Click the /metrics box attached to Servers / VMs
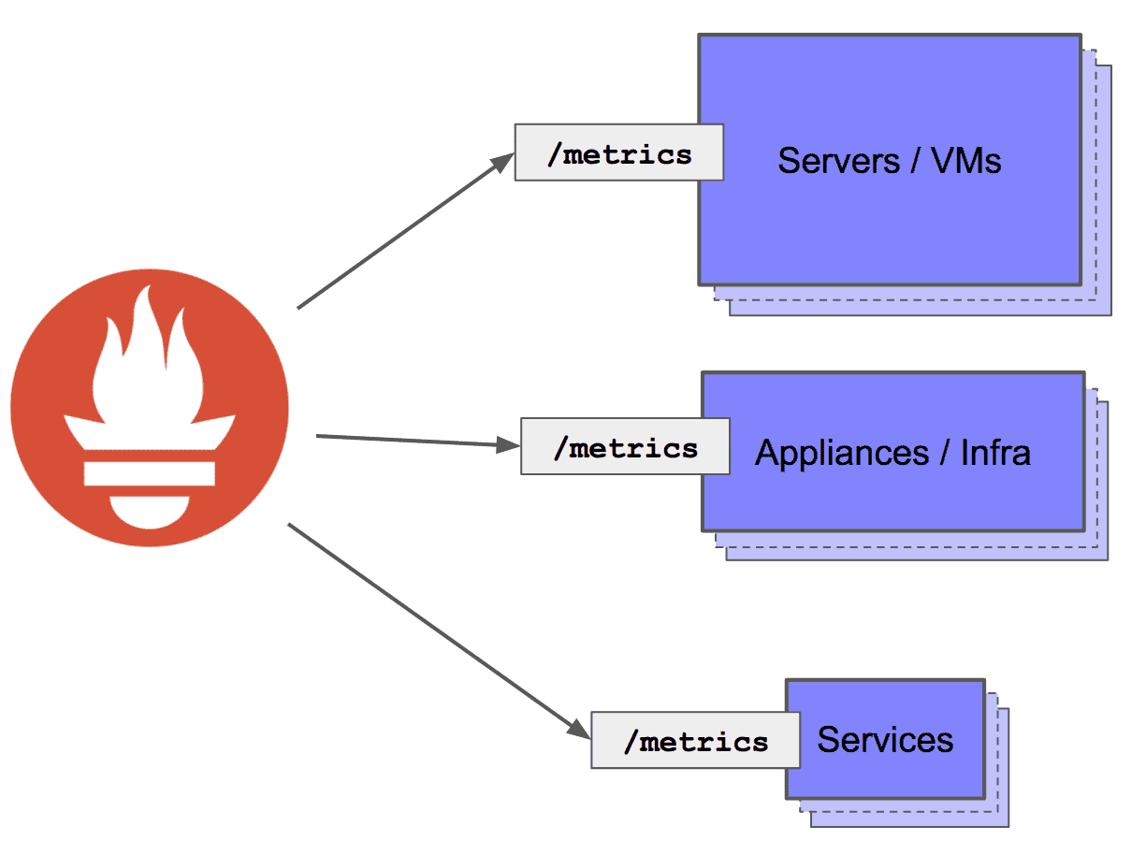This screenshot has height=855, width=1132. tap(618, 152)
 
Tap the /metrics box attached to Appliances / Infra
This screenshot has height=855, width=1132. tap(625, 447)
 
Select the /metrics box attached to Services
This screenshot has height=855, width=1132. tap(695, 741)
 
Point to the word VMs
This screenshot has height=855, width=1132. tap(966, 161)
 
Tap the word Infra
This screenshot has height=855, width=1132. tap(995, 453)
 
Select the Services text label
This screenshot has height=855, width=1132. tap(885, 740)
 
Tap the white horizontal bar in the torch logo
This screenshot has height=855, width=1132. tap(150, 471)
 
